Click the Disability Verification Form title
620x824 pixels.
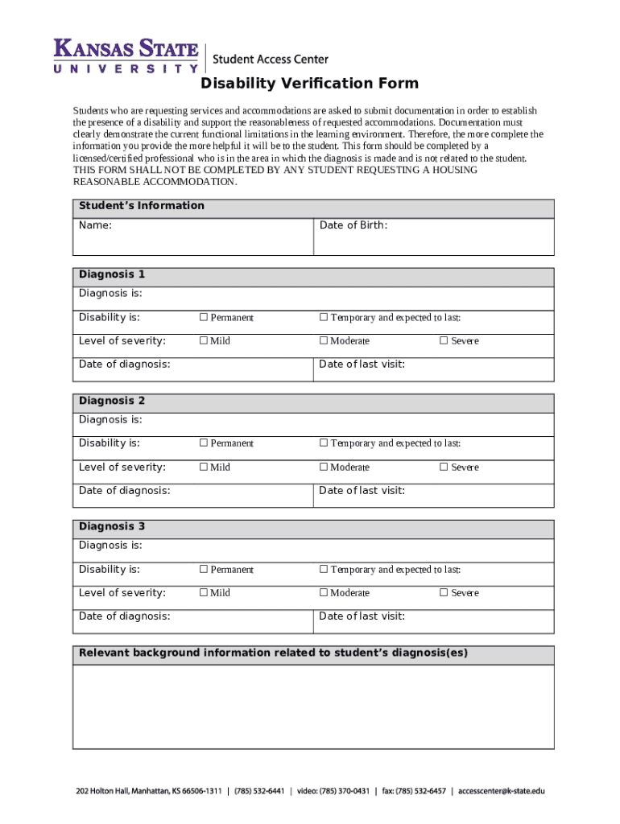click(310, 84)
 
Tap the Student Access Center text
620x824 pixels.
click(270, 59)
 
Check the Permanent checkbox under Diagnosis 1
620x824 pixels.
click(204, 317)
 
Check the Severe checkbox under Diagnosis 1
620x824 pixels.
click(443, 340)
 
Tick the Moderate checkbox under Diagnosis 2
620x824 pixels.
click(324, 467)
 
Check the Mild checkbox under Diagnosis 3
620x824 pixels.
click(204, 592)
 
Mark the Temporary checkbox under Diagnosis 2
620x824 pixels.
click(324, 443)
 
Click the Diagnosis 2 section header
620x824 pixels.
click(313, 401)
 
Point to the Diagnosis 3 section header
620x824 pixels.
click(313, 527)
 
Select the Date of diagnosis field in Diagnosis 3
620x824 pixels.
click(193, 621)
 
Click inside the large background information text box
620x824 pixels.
click(313, 707)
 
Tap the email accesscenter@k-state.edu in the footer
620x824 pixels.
click(501, 791)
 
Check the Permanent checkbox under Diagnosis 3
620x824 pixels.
click(204, 569)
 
